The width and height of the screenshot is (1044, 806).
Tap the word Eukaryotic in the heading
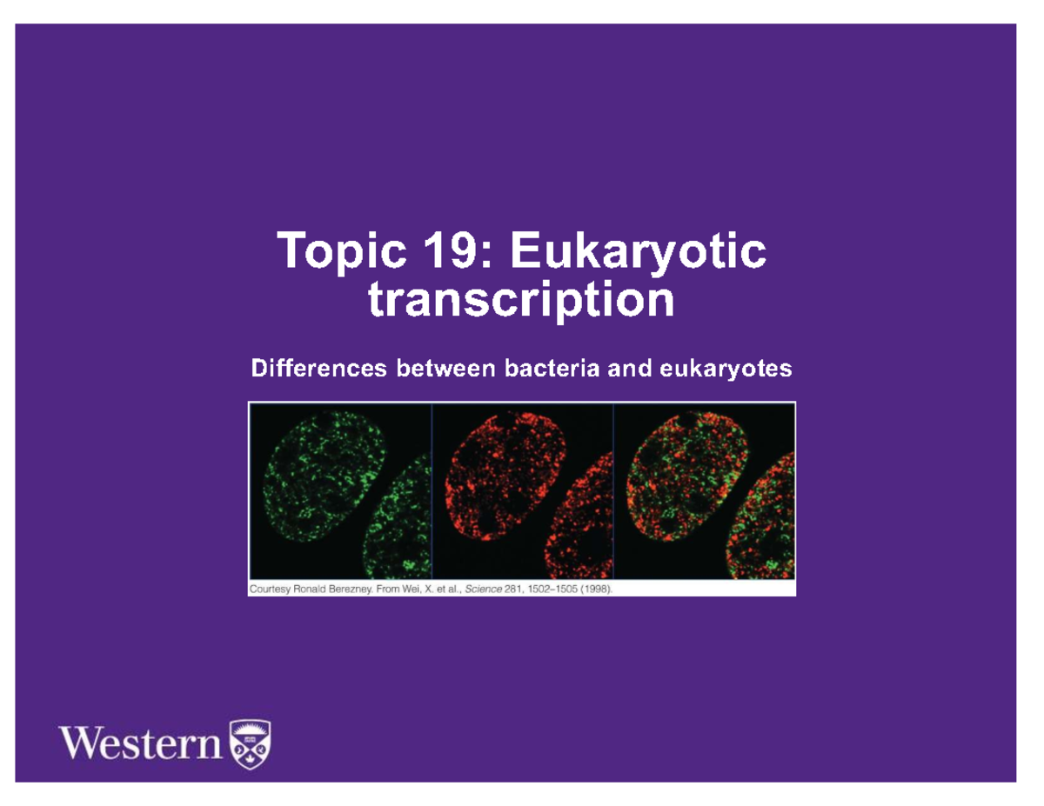(x=639, y=252)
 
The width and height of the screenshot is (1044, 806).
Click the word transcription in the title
(x=522, y=301)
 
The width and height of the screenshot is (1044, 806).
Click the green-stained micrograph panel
(x=340, y=491)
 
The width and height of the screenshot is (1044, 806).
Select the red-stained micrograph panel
(x=523, y=491)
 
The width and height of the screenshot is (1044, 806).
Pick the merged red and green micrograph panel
(x=704, y=491)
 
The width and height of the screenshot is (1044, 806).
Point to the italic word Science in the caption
(x=485, y=589)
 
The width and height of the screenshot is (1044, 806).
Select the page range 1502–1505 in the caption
(x=546, y=589)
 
